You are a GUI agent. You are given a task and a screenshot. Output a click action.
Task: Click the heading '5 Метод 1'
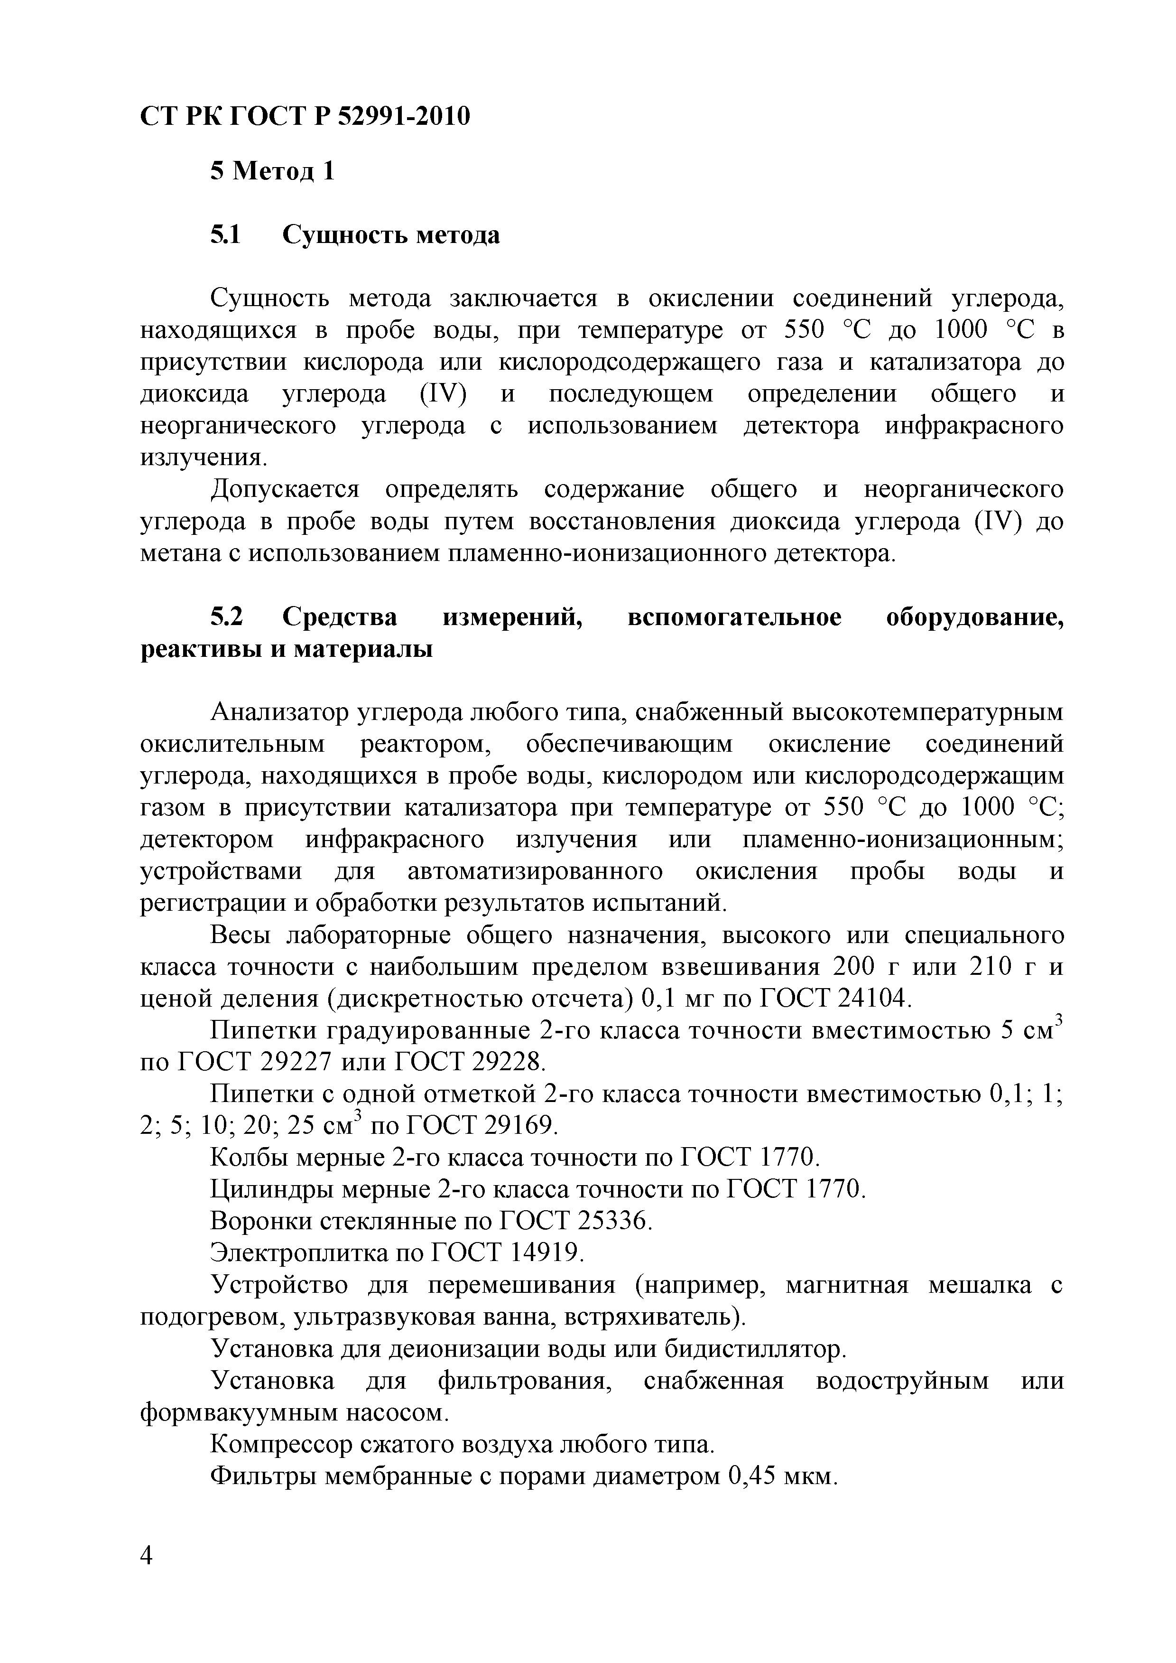coord(272,172)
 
